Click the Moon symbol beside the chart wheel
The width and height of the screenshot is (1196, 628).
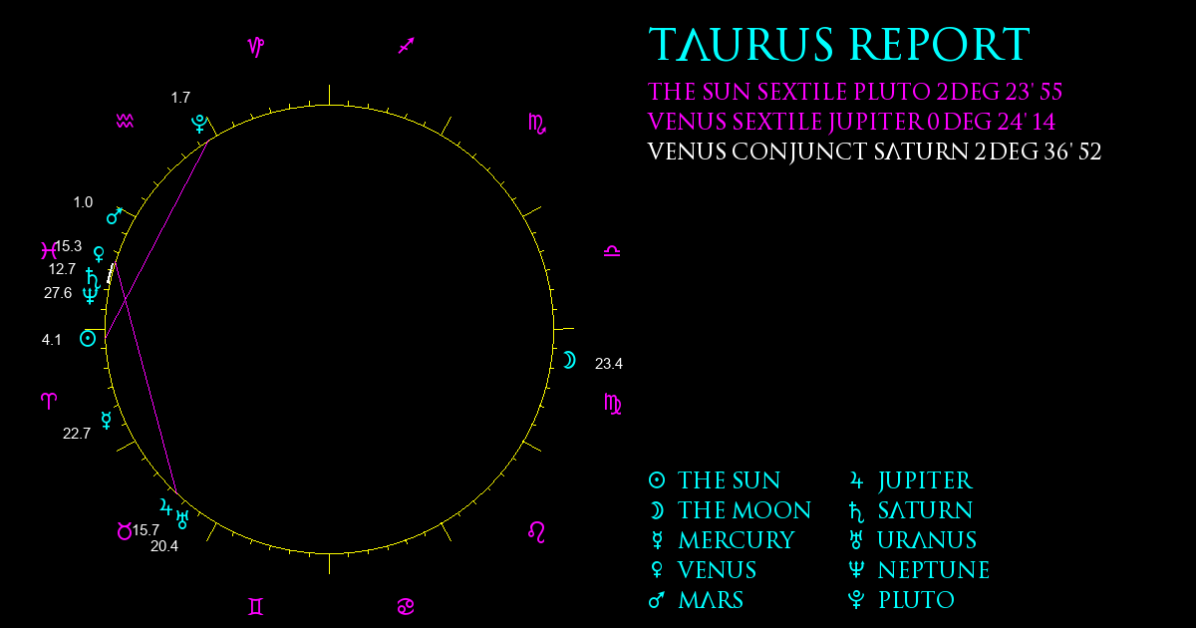point(570,361)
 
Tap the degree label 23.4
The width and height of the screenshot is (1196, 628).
point(609,364)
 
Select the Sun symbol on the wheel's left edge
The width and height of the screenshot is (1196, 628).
point(88,339)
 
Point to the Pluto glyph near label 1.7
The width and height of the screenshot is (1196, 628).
point(199,124)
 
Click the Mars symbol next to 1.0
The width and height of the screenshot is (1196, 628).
point(115,215)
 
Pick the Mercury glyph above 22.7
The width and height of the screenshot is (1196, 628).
point(107,421)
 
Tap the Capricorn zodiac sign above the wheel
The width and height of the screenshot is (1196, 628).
point(256,47)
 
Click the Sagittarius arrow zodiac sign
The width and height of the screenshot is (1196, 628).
point(407,46)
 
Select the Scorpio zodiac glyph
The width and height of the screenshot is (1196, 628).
point(537,124)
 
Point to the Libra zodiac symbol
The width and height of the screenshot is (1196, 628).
point(612,251)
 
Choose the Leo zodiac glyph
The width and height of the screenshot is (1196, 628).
point(536,532)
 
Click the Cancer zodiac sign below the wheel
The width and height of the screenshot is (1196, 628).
point(406,607)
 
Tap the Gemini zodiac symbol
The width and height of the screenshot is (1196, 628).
point(256,607)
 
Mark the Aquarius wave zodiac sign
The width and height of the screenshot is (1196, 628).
point(125,122)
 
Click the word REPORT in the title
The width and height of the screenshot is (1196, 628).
point(940,44)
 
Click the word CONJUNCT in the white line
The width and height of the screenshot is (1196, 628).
point(799,153)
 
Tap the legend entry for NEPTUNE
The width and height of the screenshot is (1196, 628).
point(934,570)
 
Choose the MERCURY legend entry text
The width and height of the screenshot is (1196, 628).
point(737,540)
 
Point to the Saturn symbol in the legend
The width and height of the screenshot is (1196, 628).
point(856,511)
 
